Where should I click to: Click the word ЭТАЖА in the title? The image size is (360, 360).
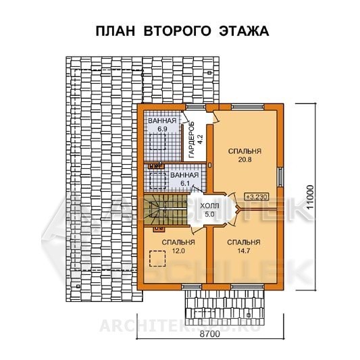pos(244,31)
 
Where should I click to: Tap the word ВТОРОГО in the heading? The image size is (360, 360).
pos(177,31)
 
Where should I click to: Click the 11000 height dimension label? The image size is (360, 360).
pos(310,197)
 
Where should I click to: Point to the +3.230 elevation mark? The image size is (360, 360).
pos(257,197)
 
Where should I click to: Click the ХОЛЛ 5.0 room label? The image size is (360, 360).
pos(209,210)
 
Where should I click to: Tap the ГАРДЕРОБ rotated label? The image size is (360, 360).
pos(191,140)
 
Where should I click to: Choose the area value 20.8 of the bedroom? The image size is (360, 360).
pos(245,159)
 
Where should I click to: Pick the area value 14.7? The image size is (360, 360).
pos(243,251)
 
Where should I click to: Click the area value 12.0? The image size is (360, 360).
pos(178,251)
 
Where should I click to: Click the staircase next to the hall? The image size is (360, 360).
pos(165,209)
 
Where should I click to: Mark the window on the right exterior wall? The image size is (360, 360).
pos(280,177)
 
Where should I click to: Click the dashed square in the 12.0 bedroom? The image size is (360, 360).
pos(157,259)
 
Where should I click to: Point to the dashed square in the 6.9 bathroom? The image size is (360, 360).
pos(157,142)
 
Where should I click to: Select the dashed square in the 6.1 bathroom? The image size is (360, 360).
pos(158,181)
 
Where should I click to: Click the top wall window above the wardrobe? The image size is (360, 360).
pos(195,107)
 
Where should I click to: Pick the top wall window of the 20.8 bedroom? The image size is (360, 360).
pos(247,107)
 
